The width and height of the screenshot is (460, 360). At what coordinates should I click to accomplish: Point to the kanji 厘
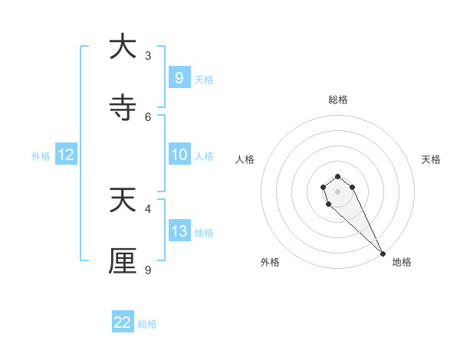click(123, 260)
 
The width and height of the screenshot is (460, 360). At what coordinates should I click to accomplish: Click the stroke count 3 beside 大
click(148, 55)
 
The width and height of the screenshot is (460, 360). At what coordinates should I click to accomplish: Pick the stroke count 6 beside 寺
click(148, 116)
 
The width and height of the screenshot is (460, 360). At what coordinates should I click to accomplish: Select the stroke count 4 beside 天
click(148, 208)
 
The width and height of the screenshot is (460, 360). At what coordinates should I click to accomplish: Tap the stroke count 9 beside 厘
click(148, 270)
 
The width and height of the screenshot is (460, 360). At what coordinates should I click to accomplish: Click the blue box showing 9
click(179, 78)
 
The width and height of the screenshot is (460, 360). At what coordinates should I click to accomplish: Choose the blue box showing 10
click(179, 155)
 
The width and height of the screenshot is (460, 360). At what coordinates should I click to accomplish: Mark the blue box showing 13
click(179, 231)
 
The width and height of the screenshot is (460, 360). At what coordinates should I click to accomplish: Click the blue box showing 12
click(65, 155)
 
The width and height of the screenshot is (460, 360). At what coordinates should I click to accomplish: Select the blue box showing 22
click(123, 322)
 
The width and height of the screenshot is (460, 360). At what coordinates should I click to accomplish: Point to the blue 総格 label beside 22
click(147, 324)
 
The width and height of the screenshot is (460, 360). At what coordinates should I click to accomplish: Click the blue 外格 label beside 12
click(41, 156)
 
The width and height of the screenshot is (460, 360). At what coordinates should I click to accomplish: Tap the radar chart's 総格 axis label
click(337, 100)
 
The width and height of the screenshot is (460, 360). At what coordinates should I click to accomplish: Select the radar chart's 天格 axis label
click(431, 159)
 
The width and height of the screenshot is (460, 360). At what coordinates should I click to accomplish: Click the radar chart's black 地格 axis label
click(402, 262)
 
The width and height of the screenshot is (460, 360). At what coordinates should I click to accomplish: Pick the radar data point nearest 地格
click(383, 254)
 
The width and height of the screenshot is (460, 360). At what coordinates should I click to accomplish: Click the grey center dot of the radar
click(337, 191)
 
